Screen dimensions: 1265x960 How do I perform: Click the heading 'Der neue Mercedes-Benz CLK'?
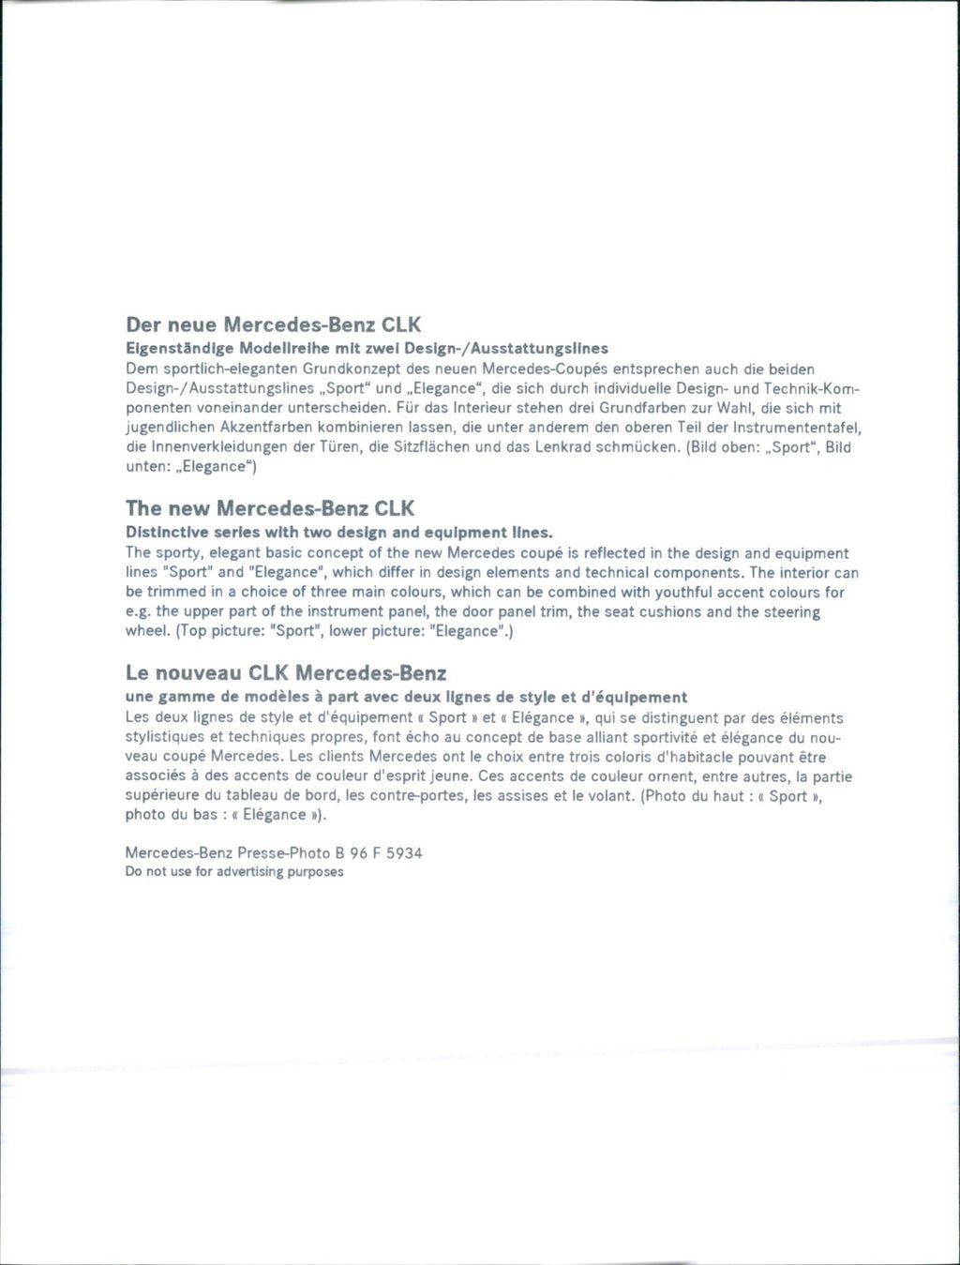pyautogui.click(x=274, y=325)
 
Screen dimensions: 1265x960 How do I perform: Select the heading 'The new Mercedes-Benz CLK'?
pyautogui.click(x=270, y=509)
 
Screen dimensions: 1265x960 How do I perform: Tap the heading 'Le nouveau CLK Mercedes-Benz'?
pyautogui.click(x=286, y=673)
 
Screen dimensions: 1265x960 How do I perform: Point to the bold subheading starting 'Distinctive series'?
pyautogui.click(x=339, y=533)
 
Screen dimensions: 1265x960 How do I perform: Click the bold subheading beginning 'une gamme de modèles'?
pyautogui.click(x=406, y=698)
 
